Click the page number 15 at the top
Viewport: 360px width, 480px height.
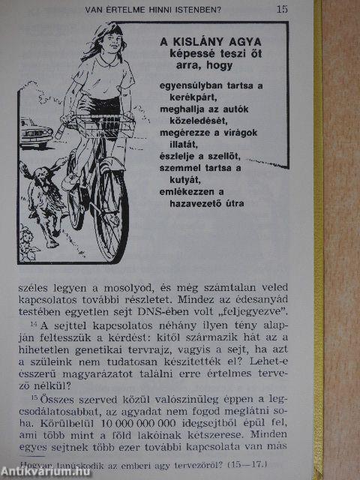pyautogui.click(x=282, y=10)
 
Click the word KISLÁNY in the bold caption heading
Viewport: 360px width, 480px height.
pyautogui.click(x=205, y=42)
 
